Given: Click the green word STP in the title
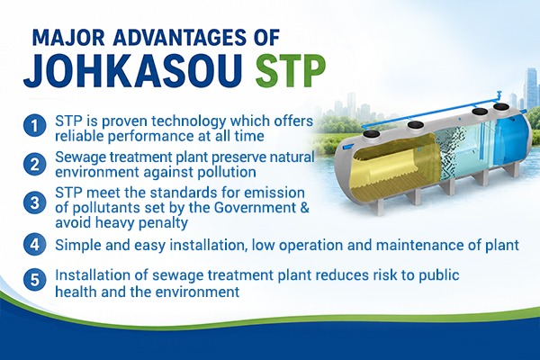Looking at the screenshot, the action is tap(291, 72).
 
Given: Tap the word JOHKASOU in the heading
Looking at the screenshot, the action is tap(133, 72).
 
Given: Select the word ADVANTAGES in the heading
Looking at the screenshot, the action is tap(179, 38).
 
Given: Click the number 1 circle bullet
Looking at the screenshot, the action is tap(35, 125).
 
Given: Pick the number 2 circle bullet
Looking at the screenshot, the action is tap(35, 165).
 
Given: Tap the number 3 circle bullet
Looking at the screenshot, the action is tap(35, 202).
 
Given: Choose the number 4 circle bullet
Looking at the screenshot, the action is tap(35, 244).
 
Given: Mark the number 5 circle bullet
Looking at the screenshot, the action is tap(35, 279).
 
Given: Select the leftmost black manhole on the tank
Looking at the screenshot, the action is tap(371, 134).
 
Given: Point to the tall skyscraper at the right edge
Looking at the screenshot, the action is tap(531, 88).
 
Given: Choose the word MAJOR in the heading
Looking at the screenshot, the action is tap(68, 38).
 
